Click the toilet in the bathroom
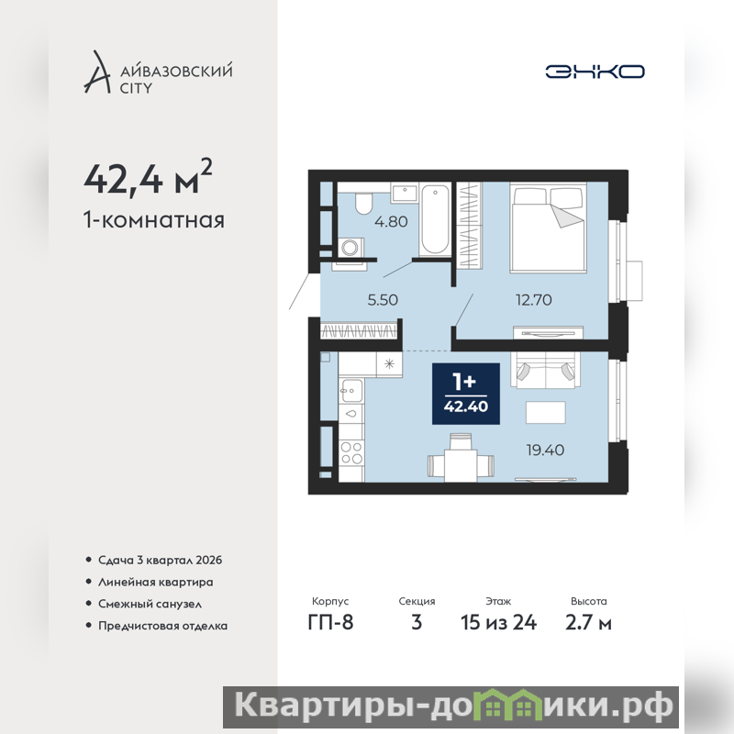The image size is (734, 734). tap(362, 203)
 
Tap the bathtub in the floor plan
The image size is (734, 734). tap(435, 219)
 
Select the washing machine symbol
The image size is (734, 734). tap(350, 247)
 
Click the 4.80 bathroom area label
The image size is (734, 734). tap(391, 221)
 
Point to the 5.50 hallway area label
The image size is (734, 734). tap(383, 300)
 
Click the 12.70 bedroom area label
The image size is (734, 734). tap(534, 300)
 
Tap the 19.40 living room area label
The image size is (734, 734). tap(545, 450)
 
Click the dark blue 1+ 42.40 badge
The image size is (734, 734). tap(466, 394)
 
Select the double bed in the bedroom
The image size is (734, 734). tap(548, 227)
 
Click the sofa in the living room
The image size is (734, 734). tap(545, 371)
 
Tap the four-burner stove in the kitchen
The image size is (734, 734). tap(351, 452)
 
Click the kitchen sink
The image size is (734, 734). tap(351, 390)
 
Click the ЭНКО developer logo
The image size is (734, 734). tap(595, 72)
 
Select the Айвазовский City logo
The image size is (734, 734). tap(158, 72)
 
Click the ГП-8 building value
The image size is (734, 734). tap(330, 623)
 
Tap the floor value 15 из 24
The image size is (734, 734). tap(498, 623)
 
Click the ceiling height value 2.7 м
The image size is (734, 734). tap(588, 623)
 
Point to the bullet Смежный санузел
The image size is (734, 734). tap(150, 604)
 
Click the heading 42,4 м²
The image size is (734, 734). tap(148, 177)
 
